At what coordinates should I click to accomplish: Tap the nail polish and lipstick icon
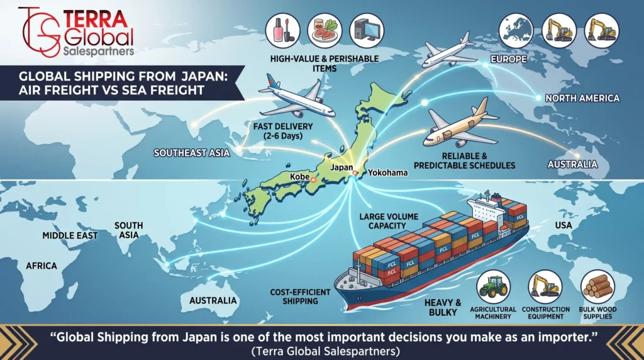click(282, 30)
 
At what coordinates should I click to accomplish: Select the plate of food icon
click(325, 30)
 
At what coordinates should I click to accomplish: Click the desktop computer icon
click(367, 30)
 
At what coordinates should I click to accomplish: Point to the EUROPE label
click(508, 59)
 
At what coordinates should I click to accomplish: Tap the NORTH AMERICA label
click(582, 98)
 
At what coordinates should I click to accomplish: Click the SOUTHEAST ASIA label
click(191, 153)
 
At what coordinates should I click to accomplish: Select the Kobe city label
click(300, 177)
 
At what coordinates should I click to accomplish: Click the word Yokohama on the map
click(387, 172)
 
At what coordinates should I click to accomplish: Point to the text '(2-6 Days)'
click(284, 135)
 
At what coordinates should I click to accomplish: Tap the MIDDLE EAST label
click(70, 235)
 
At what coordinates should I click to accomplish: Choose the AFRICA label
click(42, 266)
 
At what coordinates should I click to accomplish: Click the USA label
click(563, 225)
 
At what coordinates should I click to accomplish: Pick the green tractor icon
click(493, 287)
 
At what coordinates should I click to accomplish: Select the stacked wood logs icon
click(597, 287)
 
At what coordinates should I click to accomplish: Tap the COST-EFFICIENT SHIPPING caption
click(300, 296)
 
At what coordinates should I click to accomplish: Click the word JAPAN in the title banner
click(200, 76)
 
